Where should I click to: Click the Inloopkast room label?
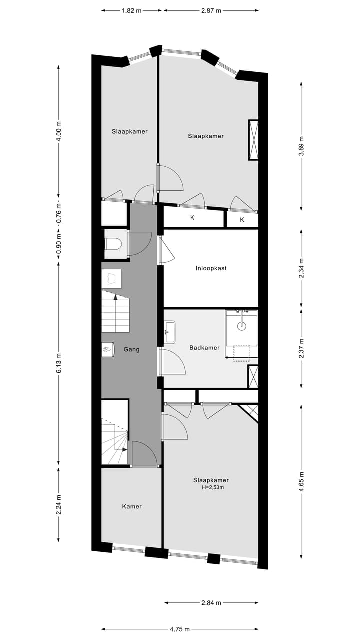[211, 268]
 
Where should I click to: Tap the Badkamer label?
[204, 348]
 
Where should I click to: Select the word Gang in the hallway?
[131, 349]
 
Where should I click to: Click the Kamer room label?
[132, 506]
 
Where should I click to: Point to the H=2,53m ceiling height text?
[211, 488]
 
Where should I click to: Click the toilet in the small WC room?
[114, 244]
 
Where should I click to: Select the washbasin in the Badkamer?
[169, 332]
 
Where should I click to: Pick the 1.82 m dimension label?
[132, 10]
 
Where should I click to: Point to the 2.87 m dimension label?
[211, 10]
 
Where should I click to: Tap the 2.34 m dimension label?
[301, 268]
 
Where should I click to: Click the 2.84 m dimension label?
[211, 603]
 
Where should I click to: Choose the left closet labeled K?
[192, 218]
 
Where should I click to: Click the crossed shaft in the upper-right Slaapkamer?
[253, 140]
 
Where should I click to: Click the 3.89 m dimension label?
[301, 146]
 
